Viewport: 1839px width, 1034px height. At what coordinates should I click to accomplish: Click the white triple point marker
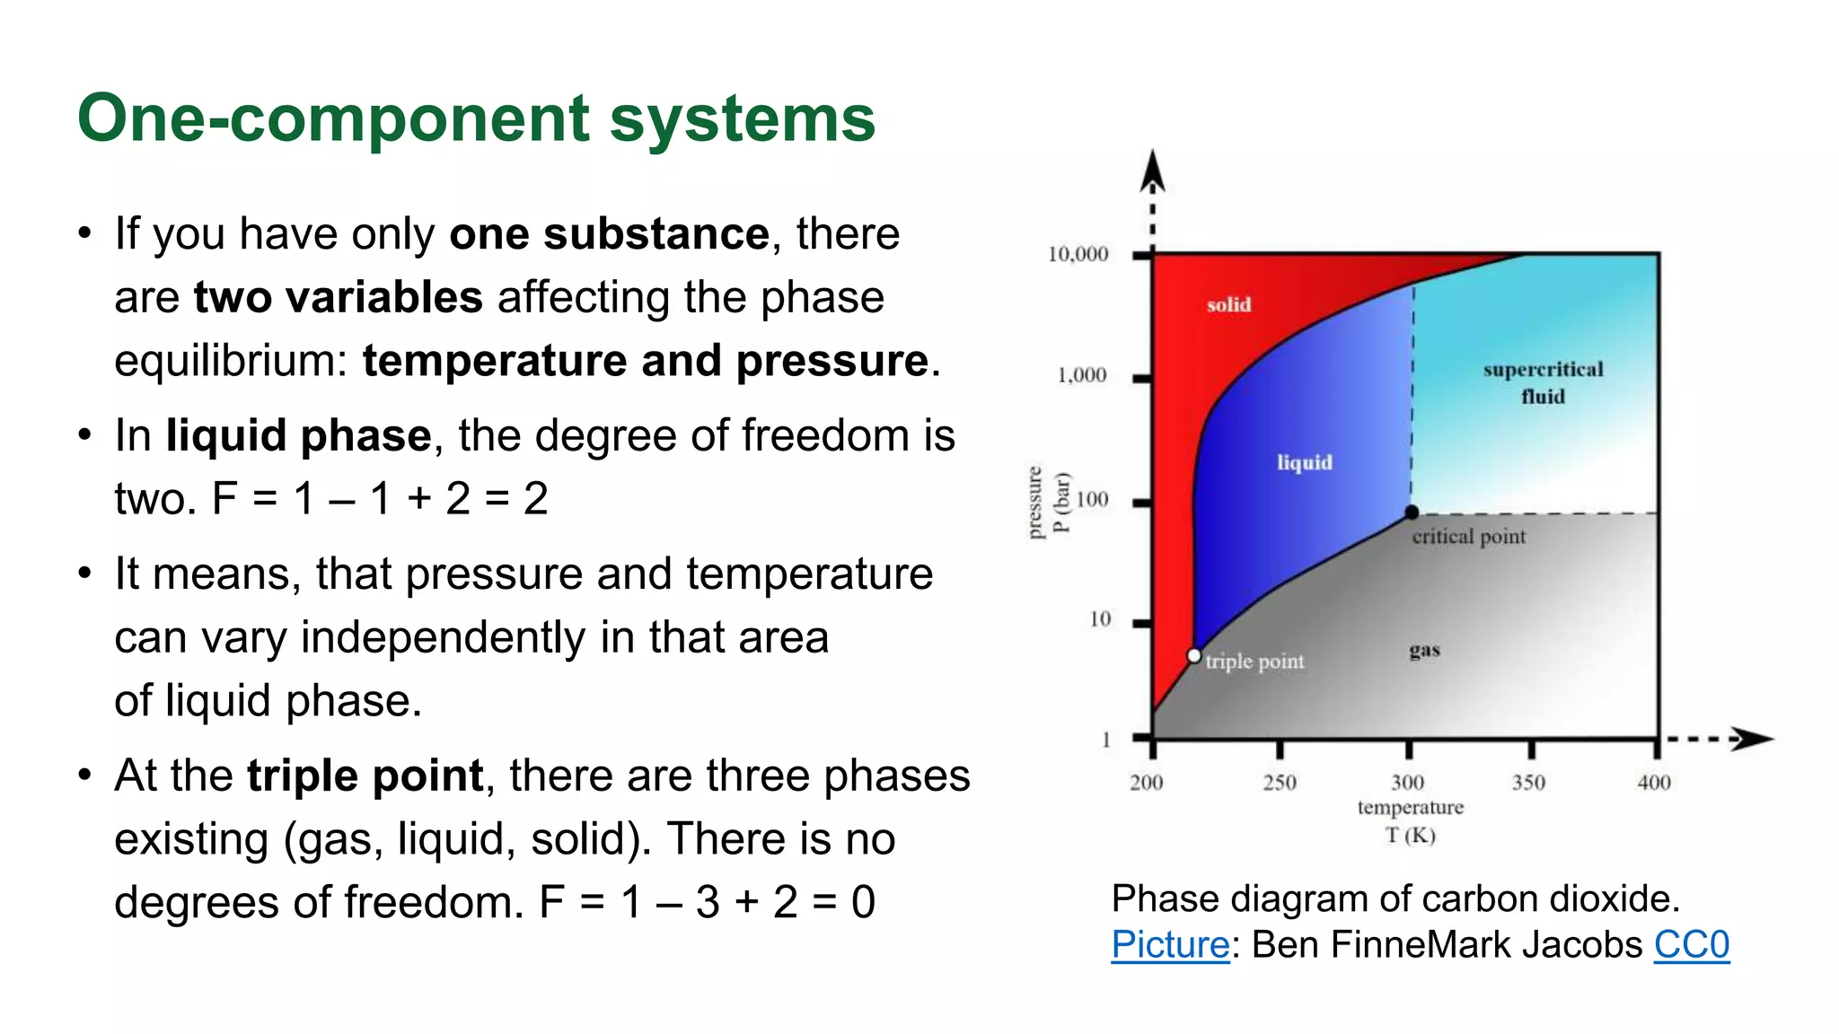[1193, 656]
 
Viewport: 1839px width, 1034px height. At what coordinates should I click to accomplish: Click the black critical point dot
[1412, 513]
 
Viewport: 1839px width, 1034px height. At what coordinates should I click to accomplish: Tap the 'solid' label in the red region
[1228, 305]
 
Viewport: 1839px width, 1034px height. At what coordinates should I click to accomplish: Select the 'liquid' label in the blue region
[1304, 462]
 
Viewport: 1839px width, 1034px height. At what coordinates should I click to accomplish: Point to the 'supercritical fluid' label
[1542, 382]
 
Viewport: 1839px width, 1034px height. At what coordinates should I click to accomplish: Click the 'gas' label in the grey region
[1424, 650]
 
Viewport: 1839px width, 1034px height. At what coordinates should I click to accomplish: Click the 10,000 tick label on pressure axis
[1078, 255]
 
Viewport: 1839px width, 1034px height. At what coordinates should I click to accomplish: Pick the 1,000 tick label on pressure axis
[1081, 375]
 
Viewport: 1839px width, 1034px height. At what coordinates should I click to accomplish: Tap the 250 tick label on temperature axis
[1279, 783]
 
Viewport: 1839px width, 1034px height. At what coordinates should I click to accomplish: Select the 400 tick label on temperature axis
[1653, 783]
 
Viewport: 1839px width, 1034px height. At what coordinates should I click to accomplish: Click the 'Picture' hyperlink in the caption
[1169, 945]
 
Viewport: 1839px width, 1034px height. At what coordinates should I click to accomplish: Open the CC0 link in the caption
[1691, 945]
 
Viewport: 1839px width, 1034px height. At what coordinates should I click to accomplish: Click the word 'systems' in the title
[742, 119]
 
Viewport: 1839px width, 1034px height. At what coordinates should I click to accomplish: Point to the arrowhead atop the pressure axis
[1152, 171]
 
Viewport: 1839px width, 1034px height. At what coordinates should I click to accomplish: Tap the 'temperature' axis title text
[1410, 808]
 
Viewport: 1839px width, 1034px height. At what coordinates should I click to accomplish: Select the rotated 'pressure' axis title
[1034, 503]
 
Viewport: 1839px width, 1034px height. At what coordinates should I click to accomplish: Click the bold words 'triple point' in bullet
[365, 775]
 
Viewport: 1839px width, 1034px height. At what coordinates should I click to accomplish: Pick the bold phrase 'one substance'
[609, 234]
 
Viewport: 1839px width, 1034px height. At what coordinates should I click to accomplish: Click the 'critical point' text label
[1468, 537]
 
